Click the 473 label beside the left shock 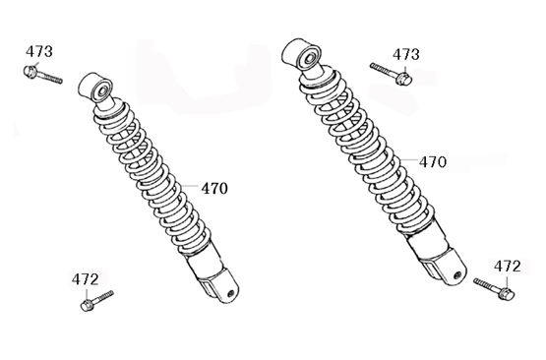click(39, 51)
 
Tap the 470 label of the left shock click(214, 189)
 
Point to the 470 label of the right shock click(433, 161)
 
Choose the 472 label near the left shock click(86, 279)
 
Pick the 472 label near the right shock click(507, 266)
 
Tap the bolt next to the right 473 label click(392, 73)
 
